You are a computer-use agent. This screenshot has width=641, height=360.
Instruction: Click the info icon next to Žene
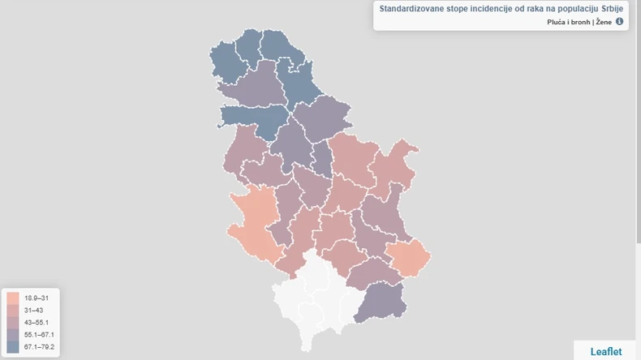[x=620, y=22]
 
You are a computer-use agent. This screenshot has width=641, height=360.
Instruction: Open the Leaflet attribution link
[x=606, y=352]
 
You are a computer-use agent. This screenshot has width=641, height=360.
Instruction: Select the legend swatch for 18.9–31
[x=13, y=298]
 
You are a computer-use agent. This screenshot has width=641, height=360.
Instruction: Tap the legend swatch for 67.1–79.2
[x=13, y=347]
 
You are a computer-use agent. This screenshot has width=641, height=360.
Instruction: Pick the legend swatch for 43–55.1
[x=13, y=323]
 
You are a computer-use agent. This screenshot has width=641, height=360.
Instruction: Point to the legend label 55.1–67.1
[x=40, y=335]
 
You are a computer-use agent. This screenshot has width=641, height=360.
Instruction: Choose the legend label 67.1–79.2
[x=40, y=347]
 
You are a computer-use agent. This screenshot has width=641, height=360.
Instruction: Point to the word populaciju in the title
[x=566, y=8]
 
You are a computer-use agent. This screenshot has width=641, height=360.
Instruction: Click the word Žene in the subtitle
[x=604, y=22]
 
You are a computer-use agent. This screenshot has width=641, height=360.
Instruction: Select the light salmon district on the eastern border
[x=410, y=256]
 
